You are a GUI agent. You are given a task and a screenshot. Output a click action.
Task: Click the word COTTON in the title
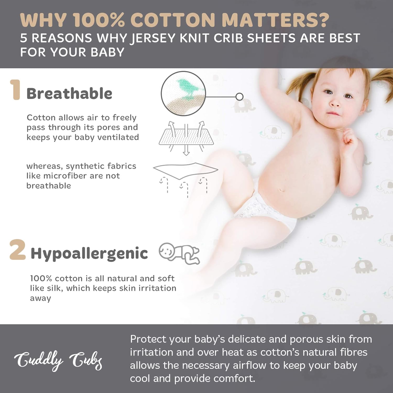tap(173, 20)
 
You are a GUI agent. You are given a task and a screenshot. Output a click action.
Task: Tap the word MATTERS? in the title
tap(275, 20)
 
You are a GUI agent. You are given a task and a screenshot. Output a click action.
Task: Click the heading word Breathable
tap(69, 94)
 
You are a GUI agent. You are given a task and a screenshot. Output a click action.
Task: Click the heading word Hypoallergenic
tap(89, 253)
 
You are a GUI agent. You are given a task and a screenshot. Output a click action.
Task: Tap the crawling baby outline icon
tap(179, 253)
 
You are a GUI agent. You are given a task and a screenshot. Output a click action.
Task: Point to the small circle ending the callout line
tap(239, 97)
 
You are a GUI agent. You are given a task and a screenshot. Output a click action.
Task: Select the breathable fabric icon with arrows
tap(186, 138)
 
